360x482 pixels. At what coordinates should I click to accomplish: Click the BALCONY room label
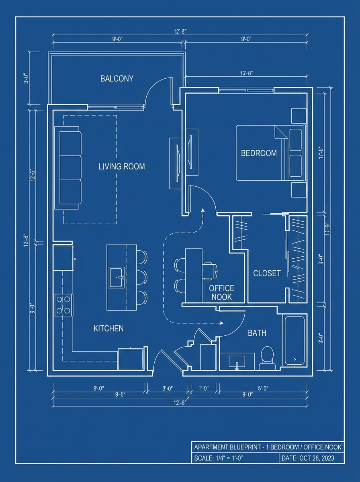(x=117, y=78)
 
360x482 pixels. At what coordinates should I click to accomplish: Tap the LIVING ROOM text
(x=121, y=166)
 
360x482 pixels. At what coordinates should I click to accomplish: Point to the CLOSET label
(x=267, y=274)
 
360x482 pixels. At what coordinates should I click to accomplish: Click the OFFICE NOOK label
(x=221, y=293)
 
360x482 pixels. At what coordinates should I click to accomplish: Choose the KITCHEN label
(x=108, y=329)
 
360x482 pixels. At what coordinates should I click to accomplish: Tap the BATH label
(x=257, y=333)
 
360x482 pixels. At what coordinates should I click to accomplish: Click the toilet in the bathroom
(x=267, y=357)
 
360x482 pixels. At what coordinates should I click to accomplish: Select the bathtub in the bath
(x=295, y=341)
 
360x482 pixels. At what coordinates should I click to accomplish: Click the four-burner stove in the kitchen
(x=63, y=304)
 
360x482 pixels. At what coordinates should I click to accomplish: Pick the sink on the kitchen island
(x=118, y=278)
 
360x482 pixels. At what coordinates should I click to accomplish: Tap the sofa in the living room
(x=70, y=167)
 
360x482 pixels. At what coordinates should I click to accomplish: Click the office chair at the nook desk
(x=210, y=271)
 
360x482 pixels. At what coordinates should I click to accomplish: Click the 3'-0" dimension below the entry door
(x=167, y=388)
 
